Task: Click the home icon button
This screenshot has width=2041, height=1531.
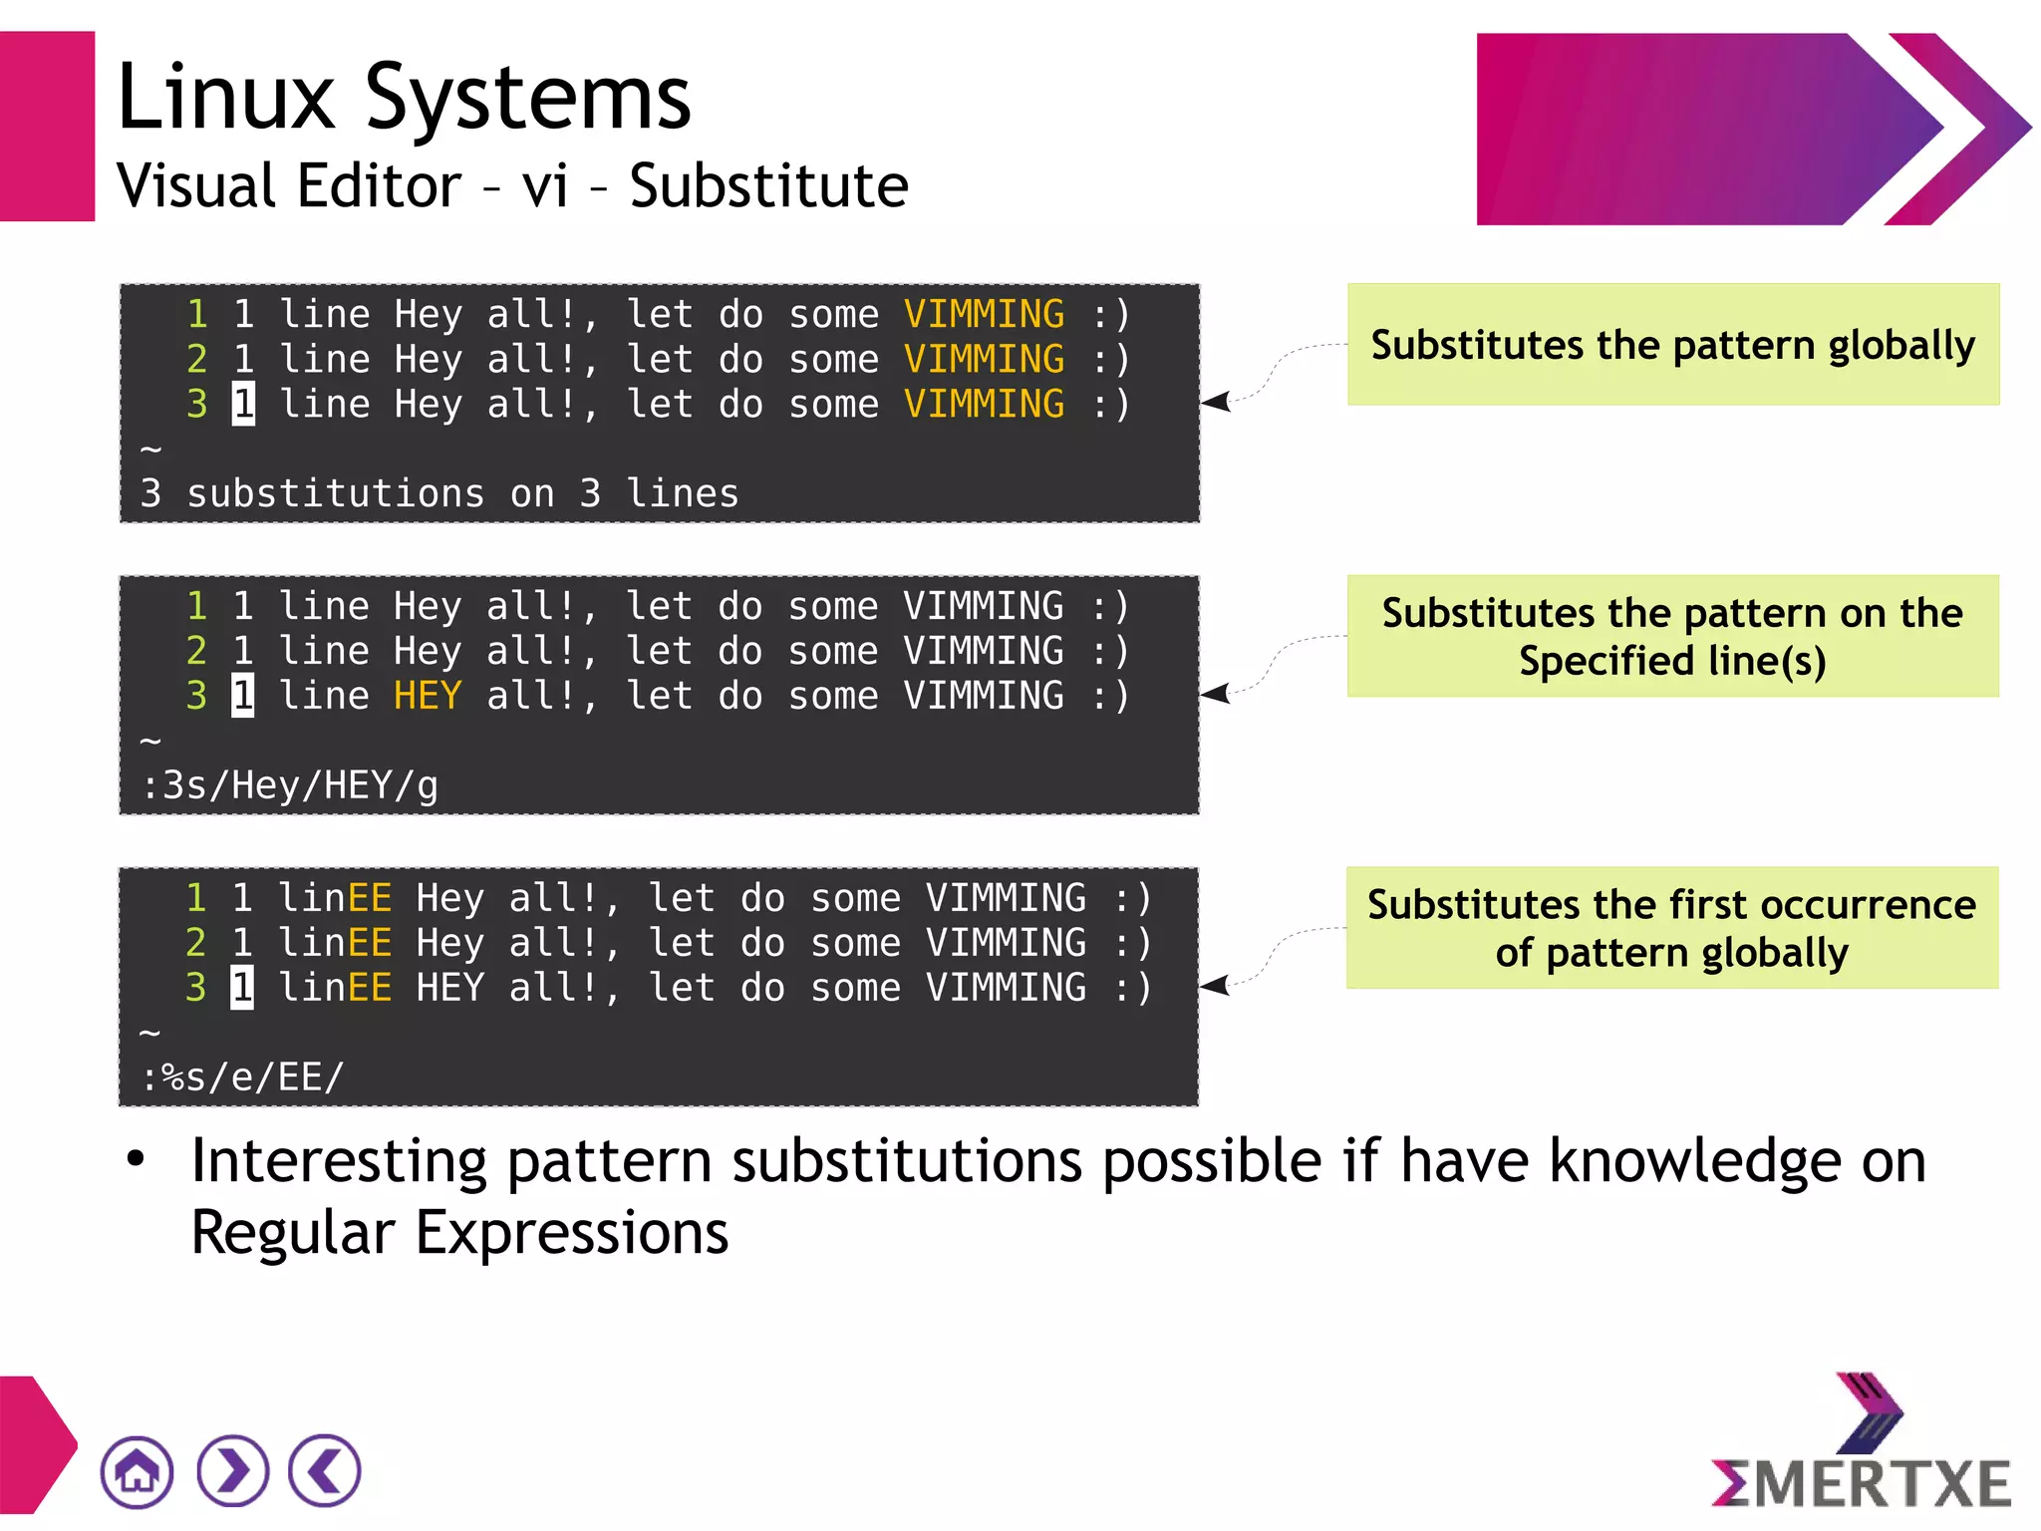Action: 137,1471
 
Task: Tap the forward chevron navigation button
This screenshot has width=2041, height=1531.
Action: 232,1471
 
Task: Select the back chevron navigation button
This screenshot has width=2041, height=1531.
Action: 325,1471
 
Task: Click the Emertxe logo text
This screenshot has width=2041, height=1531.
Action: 1862,1484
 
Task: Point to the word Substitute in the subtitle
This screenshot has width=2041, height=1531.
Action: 768,186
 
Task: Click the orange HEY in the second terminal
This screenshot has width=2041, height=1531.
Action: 428,696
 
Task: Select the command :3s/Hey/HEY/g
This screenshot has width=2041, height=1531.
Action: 290,785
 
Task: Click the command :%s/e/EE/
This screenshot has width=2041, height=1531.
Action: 243,1077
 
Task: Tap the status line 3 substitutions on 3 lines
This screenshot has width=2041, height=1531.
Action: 439,493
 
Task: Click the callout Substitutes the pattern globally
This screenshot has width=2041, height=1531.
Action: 1672,345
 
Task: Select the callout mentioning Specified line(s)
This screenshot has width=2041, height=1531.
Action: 1672,636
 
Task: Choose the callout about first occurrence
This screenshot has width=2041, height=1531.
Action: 1671,928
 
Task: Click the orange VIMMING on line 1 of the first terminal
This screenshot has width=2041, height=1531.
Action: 984,314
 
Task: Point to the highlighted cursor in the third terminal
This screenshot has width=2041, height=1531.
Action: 242,988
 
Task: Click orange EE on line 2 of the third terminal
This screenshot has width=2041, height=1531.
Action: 368,943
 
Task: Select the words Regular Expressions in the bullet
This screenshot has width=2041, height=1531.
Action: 459,1233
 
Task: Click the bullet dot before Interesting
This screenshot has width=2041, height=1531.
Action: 136,1160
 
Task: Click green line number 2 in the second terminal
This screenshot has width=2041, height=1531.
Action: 196,651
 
